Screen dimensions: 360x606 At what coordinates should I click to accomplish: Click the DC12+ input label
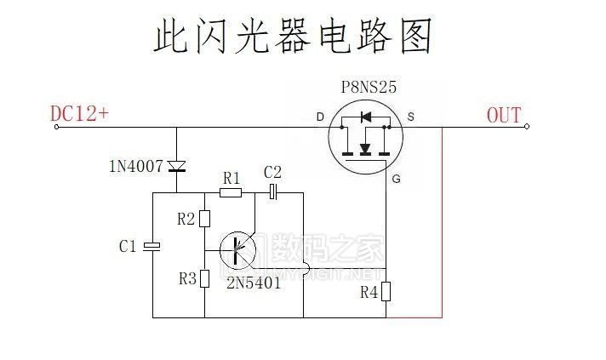tap(79, 114)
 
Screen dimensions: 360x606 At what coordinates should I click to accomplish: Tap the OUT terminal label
tap(504, 115)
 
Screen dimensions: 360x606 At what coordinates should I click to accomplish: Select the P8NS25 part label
tap(368, 87)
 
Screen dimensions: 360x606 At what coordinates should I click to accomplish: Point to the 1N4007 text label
tap(135, 166)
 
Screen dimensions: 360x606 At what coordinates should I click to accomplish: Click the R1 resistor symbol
tap(231, 192)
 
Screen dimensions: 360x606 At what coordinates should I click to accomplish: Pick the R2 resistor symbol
tap(204, 219)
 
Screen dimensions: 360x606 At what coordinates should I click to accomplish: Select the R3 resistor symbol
tap(204, 278)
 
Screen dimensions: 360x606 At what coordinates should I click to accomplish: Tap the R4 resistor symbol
tap(386, 292)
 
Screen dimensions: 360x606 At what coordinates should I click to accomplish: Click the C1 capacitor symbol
tap(152, 247)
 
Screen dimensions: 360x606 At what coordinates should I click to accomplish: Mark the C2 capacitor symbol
tap(273, 192)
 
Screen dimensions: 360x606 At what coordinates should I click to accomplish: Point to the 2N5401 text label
tap(253, 283)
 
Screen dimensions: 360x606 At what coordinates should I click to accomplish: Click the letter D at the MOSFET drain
tap(320, 116)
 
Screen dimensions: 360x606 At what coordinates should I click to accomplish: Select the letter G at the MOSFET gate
tap(396, 179)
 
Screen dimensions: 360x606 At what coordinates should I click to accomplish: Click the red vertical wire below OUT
tap(442, 221)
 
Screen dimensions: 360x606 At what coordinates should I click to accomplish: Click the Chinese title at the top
tap(294, 37)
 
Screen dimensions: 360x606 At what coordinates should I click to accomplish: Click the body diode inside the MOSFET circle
tap(366, 117)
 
